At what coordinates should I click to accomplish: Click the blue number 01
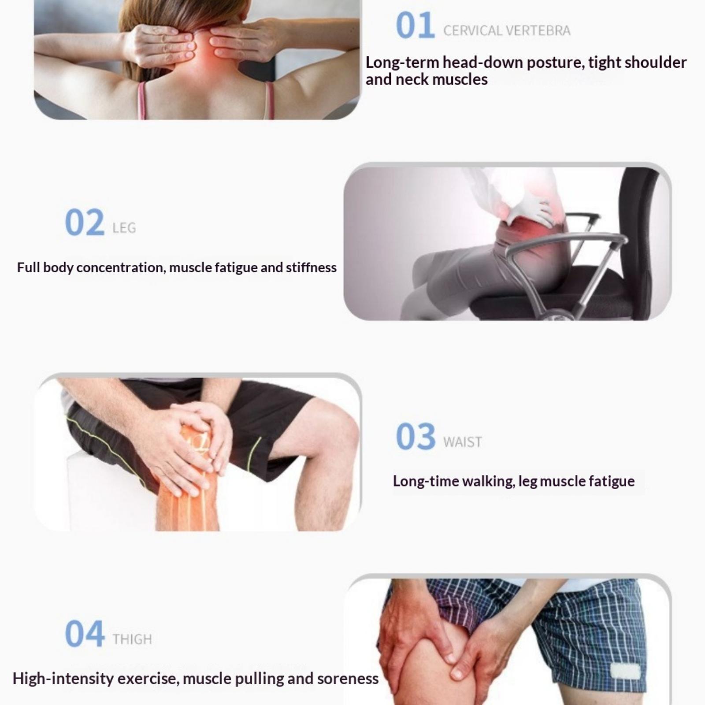415,26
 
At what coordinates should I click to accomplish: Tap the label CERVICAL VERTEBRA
507,30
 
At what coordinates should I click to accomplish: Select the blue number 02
85,223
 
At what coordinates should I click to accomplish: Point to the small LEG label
124,228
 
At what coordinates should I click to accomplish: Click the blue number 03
416,436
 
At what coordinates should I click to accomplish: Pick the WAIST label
463,442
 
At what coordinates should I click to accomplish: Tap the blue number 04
85,634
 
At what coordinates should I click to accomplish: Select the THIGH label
132,639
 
